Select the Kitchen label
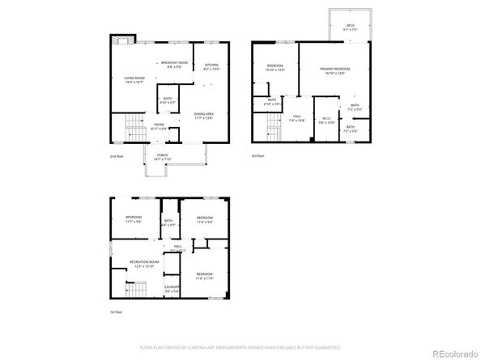[211, 67]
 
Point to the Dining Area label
[203, 116]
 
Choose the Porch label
[162, 158]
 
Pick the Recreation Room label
[143, 264]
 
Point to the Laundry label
[171, 289]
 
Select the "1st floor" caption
[117, 311]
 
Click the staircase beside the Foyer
[131, 128]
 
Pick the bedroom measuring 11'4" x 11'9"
[204, 277]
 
